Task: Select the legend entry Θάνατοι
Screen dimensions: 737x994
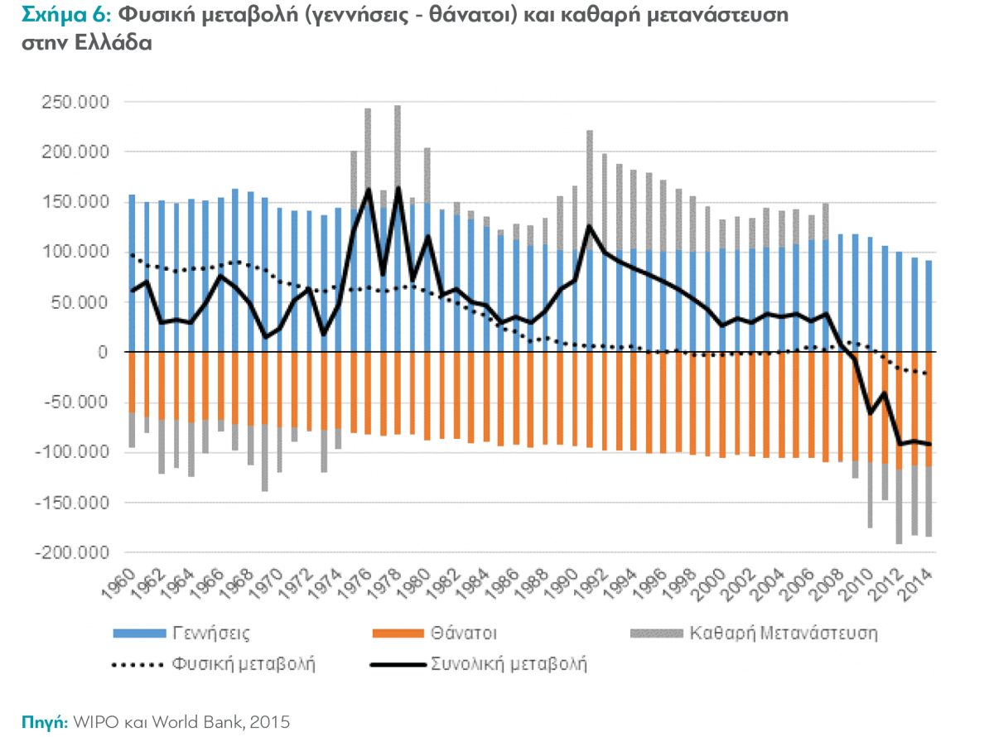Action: [464, 633]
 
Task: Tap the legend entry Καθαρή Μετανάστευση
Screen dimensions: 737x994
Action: [784, 633]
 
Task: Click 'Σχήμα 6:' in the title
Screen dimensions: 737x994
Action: [57, 14]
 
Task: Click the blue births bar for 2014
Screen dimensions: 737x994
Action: [928, 306]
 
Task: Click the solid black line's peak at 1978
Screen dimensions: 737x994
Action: [398, 188]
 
